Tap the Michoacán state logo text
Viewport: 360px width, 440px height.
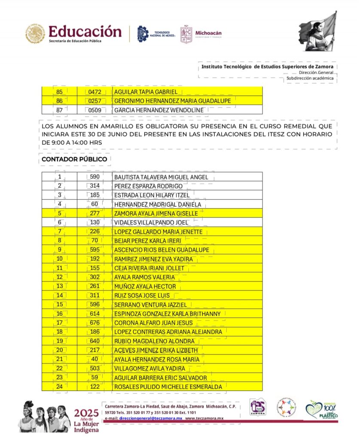[208, 33]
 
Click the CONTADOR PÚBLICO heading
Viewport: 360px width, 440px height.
[74, 159]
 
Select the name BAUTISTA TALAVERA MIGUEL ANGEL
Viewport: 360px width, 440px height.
[161, 177]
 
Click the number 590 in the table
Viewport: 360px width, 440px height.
[95, 177]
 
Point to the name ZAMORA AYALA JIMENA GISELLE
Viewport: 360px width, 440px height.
[156, 214]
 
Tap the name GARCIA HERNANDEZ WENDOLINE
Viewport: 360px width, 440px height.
[159, 110]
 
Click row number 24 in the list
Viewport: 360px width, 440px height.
[59, 387]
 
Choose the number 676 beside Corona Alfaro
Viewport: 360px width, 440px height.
[95, 323]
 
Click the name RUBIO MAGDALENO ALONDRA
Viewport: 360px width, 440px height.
[154, 341]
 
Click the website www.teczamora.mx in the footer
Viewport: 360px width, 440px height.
[204, 418]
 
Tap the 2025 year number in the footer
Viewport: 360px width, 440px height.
[86, 413]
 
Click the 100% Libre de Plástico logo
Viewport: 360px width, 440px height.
[322, 410]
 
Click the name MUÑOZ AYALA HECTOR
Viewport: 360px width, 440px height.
[145, 287]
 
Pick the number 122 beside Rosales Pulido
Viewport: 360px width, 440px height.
[95, 387]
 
